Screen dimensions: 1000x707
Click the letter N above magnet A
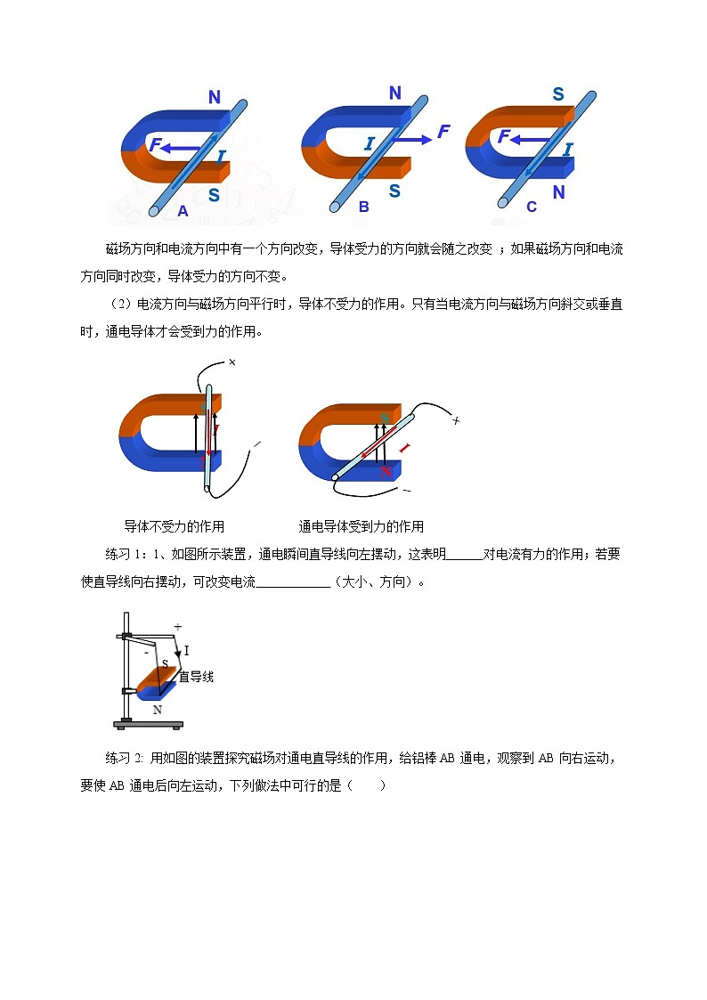[215, 98]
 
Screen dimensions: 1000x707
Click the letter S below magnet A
[214, 195]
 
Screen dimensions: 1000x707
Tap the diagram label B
[363, 207]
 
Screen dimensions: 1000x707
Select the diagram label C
[532, 207]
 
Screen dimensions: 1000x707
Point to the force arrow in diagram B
[413, 140]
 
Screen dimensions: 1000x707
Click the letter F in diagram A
[155, 144]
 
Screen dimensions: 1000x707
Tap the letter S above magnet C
[558, 95]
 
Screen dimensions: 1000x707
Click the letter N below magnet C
[558, 192]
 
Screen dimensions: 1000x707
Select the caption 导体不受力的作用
[175, 525]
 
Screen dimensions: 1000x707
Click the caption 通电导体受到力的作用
[361, 525]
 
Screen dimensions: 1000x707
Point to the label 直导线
[196, 677]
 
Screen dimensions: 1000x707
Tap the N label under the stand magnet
[158, 710]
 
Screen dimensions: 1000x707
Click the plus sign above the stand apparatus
[177, 627]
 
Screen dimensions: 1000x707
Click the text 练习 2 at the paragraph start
[125, 759]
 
